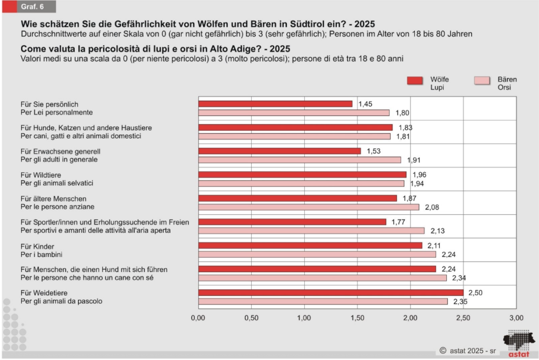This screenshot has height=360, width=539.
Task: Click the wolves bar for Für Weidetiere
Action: pos(331,293)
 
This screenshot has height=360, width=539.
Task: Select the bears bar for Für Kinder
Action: pos(317,254)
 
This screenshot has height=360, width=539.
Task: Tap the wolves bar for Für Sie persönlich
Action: pos(275,104)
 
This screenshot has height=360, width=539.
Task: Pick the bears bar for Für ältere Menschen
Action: pos(308,207)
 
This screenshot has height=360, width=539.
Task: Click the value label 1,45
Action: pos(365,104)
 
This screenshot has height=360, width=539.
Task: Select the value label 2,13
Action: pos(438,231)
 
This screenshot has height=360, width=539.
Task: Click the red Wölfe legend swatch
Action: pos(422,81)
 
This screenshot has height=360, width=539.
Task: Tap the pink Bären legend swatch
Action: pos(490,81)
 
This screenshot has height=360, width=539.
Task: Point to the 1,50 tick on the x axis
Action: pos(357,318)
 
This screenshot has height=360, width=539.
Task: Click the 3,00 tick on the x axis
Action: pos(516,318)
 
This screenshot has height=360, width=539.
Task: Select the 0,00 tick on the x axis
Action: pos(198,318)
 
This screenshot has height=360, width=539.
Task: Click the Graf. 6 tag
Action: pos(32,6)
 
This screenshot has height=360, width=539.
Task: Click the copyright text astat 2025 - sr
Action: pos(469,349)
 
